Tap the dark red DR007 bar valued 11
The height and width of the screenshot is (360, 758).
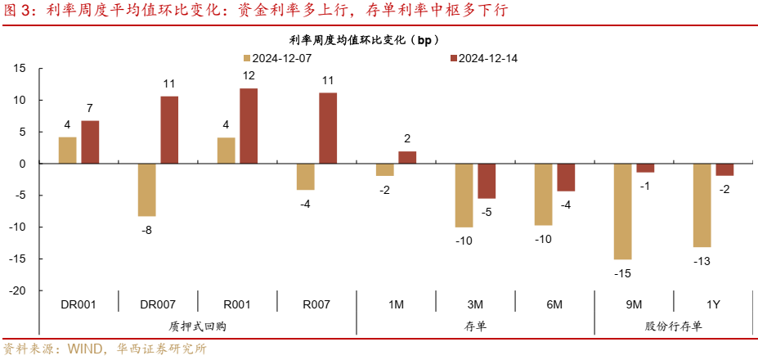pos(169,130)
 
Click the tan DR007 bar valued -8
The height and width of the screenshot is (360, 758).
pos(146,190)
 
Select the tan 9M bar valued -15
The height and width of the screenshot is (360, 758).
pos(623,211)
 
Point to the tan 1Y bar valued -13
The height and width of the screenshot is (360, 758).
pos(702,205)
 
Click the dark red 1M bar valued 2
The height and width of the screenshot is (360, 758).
pos(407,158)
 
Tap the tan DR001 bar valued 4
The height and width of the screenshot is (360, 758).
pos(67,151)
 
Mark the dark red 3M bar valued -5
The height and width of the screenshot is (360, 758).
pos(487,181)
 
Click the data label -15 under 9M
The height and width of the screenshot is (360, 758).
pos(623,272)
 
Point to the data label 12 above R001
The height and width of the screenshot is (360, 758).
pos(249,76)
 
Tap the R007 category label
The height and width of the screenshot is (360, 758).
pos(316,304)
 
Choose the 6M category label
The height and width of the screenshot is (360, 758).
pos(554,304)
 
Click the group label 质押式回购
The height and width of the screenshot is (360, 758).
pos(197,326)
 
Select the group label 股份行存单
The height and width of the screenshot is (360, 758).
pos(673,326)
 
